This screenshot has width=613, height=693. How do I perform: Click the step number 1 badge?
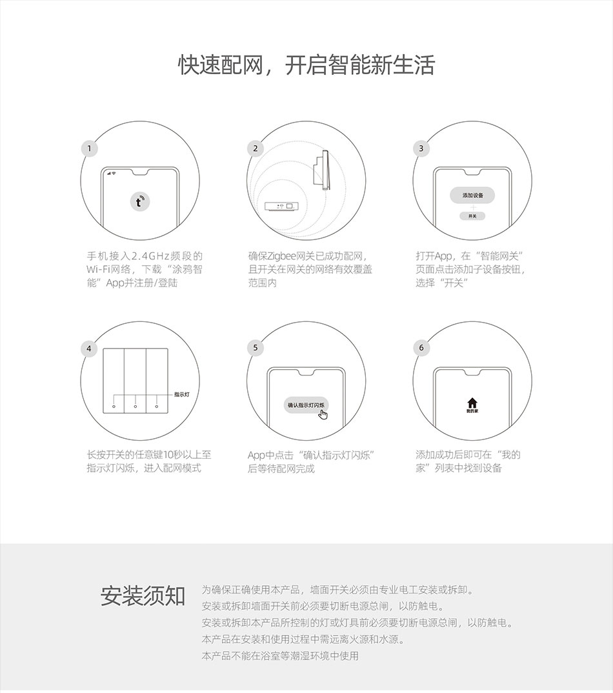click(89, 148)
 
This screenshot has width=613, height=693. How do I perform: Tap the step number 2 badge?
click(255, 148)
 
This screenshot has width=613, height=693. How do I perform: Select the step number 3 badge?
click(421, 148)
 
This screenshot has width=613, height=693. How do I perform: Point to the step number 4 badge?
click(89, 348)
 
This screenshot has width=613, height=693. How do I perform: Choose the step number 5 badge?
click(255, 348)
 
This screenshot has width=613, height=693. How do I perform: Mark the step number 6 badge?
click(421, 348)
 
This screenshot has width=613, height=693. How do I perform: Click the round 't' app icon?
click(139, 202)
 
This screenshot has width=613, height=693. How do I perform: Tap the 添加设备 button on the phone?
click(472, 196)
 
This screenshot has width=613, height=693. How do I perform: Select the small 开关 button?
click(472, 216)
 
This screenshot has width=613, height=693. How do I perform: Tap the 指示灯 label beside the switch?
click(182, 394)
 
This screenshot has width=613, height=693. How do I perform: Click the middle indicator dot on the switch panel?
click(136, 406)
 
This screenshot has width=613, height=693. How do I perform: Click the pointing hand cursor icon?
click(323, 414)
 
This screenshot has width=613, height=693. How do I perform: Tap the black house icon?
click(472, 403)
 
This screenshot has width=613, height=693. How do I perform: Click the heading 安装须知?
click(143, 596)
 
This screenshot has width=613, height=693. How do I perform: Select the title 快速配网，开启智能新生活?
click(306, 65)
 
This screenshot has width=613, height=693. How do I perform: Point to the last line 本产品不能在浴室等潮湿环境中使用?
click(280, 656)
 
